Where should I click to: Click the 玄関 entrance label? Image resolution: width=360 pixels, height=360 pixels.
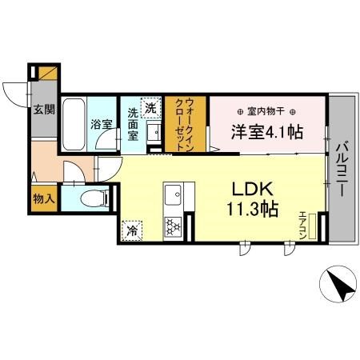(43, 110)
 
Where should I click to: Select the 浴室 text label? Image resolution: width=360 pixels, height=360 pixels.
(100, 125)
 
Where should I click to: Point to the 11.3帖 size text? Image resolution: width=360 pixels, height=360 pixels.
(255, 210)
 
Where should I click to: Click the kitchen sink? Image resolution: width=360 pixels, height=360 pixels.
(174, 194)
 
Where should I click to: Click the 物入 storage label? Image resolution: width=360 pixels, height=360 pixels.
(43, 197)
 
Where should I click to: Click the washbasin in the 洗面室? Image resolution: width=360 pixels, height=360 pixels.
(154, 130)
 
